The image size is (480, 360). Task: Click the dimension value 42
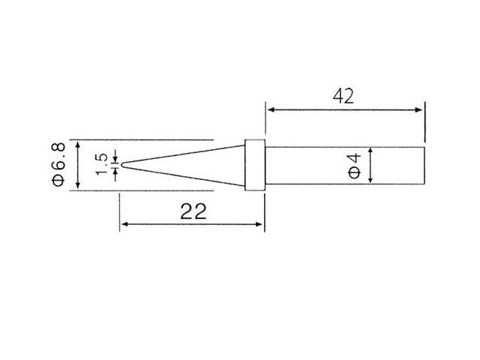point(343,95)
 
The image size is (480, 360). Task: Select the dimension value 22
point(193,211)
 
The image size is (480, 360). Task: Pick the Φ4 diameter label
point(355,165)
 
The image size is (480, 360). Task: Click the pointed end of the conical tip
point(121,164)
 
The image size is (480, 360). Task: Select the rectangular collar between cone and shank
point(255,164)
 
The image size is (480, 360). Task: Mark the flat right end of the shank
point(424,164)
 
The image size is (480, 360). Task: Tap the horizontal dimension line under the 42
point(345,110)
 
